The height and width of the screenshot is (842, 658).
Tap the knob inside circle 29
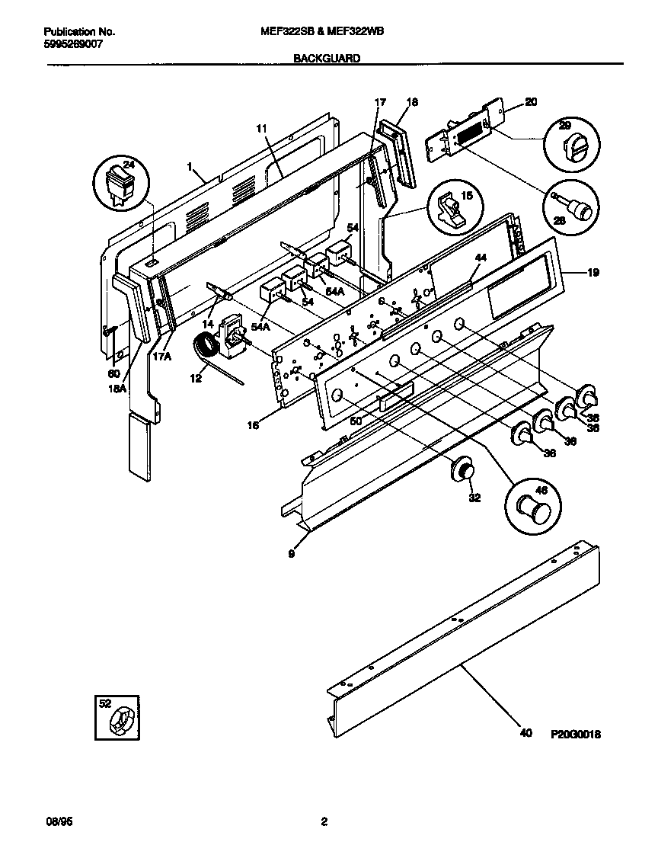point(569,144)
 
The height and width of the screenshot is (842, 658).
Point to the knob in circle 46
point(530,505)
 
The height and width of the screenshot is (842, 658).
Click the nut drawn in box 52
point(121,720)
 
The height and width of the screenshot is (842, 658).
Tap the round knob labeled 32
point(462,470)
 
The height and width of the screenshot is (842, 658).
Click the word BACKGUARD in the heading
point(327,58)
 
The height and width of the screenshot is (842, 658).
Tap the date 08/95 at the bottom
point(59,822)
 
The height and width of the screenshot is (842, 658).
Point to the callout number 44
point(479,258)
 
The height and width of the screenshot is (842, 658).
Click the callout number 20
point(531,101)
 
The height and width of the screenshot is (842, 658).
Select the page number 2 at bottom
point(324,822)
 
